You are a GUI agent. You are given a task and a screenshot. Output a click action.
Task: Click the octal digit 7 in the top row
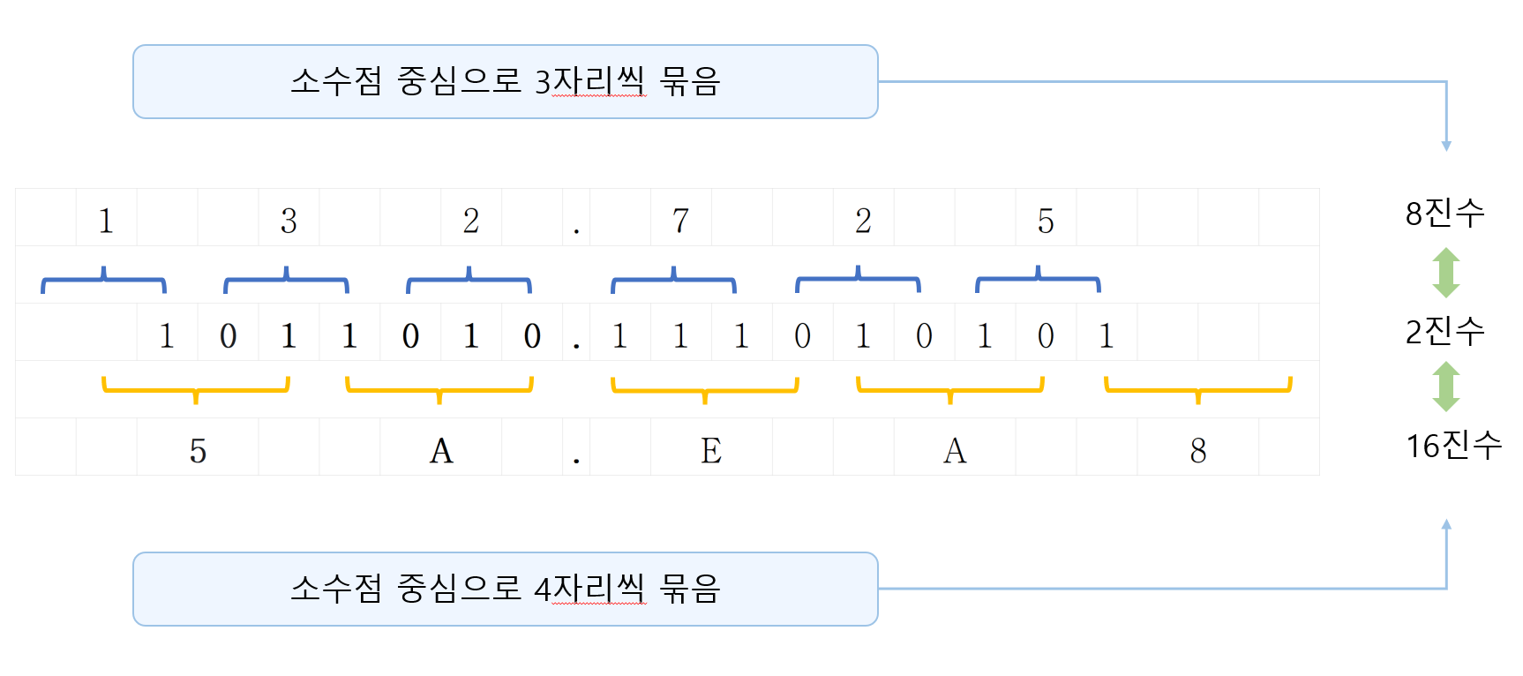pos(680,221)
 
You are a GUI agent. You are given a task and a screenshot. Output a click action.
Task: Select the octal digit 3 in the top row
pos(289,221)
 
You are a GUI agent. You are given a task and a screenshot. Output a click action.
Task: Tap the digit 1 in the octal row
pos(106,221)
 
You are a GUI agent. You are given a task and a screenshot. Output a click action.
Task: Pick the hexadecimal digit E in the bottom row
pos(711,451)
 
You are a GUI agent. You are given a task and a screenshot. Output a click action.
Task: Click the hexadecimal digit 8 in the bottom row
pos(1197,451)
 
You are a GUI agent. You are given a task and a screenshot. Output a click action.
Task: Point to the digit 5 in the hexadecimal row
pos(198,451)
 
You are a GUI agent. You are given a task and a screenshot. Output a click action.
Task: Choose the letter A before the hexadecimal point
pos(441,451)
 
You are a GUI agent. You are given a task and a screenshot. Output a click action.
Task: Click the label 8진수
pos(1444,214)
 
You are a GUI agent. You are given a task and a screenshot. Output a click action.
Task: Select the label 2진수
pos(1444,332)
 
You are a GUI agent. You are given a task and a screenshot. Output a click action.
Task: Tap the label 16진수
pos(1453,446)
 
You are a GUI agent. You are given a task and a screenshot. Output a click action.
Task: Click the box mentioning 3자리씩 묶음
pos(505,82)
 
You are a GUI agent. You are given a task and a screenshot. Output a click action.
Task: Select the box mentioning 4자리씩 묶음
pos(505,590)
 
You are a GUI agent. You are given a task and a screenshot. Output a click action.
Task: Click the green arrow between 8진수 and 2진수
pos(1445,273)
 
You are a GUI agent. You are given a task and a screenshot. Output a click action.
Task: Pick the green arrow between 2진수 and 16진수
pos(1445,387)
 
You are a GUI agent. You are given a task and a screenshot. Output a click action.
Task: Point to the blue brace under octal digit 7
pos(673,280)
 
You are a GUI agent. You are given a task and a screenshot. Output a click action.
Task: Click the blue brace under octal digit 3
pos(286,280)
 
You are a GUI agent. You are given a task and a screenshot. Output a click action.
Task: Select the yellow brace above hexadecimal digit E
pos(704,389)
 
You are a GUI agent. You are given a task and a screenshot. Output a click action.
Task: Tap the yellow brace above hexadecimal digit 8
pos(1197,389)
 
